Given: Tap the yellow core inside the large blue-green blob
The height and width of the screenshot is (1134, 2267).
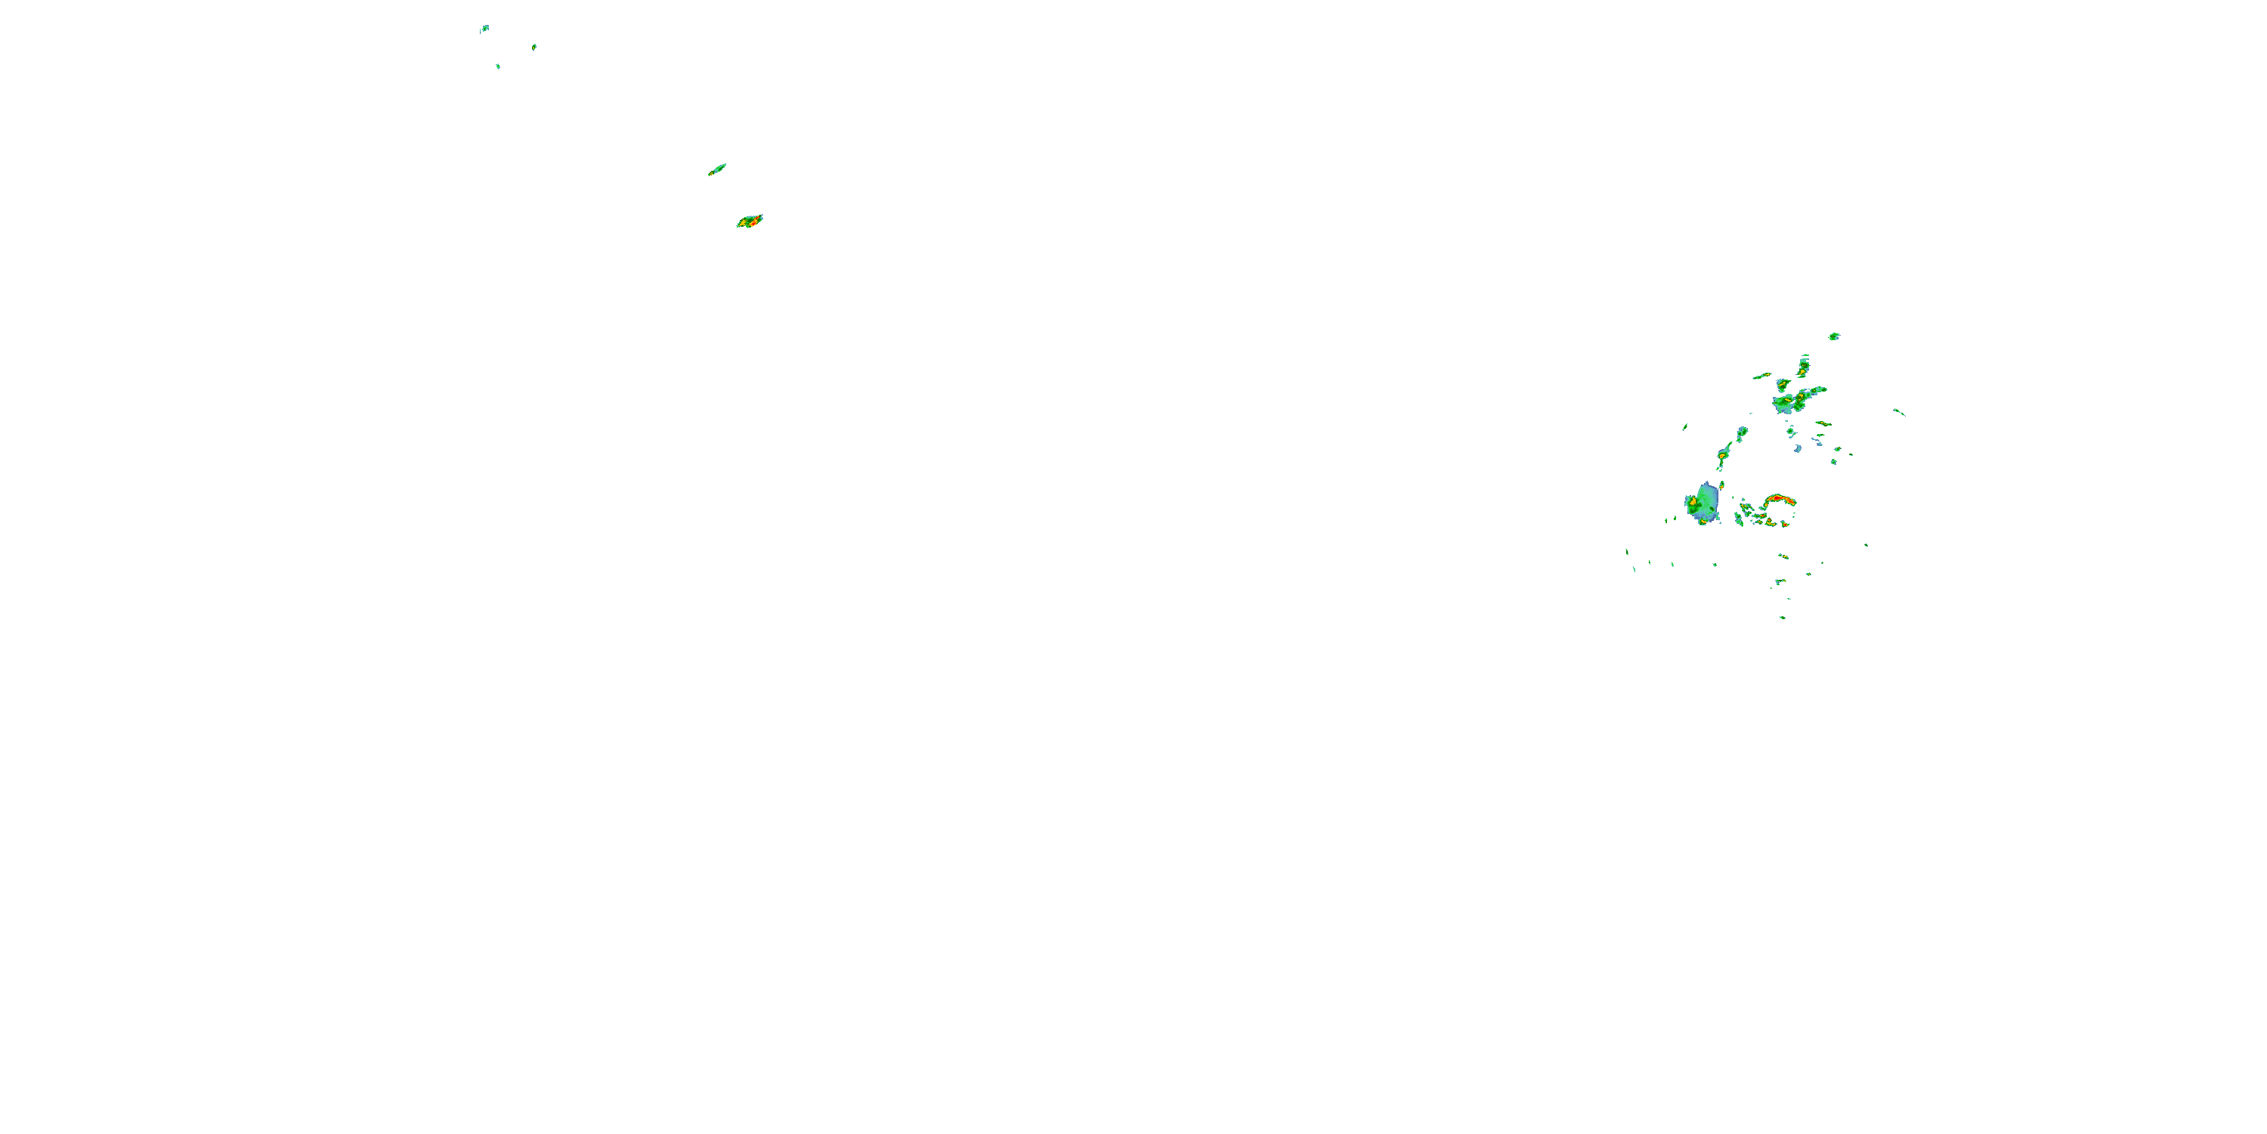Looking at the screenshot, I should coord(1693,502).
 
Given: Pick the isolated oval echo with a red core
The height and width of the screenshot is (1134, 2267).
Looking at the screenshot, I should coord(750,221).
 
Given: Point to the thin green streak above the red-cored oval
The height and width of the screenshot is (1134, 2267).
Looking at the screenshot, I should coord(717,169).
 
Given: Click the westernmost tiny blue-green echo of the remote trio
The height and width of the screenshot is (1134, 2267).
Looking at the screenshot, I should coord(484,28).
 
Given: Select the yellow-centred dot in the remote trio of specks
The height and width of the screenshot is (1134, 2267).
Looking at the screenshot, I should coord(534,47).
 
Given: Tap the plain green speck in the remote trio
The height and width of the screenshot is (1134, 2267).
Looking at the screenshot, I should coord(498,66).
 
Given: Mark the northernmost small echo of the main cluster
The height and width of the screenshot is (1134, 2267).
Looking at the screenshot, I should coord(1834,336).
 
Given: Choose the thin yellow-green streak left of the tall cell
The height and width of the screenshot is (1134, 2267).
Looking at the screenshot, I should coord(1762,376).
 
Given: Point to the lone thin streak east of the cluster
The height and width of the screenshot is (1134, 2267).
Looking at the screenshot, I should coord(1899,412).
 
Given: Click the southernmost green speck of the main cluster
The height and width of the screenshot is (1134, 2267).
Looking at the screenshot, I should coord(1782,617).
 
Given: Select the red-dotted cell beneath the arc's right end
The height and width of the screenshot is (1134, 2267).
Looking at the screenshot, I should coord(1785,523).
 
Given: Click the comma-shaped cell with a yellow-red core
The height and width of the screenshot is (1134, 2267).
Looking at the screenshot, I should coord(1724,455).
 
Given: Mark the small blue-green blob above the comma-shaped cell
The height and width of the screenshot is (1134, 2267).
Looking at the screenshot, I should coord(1742,432).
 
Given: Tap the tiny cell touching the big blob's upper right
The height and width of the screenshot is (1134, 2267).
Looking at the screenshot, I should coord(1721,485).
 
